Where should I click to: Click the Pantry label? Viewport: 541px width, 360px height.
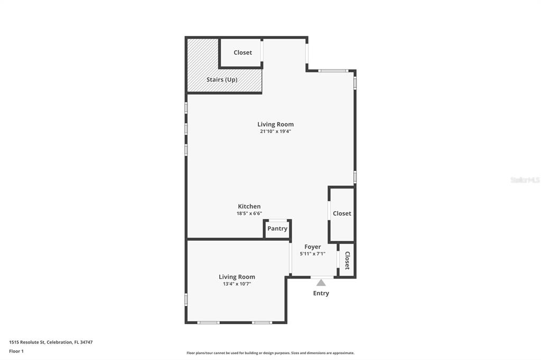277,229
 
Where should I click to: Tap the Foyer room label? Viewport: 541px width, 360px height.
312,247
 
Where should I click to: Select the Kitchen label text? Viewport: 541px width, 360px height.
249,206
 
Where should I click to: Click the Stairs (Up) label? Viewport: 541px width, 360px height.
222,80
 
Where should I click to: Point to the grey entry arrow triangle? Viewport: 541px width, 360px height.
321,283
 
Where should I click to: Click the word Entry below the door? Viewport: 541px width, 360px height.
321,293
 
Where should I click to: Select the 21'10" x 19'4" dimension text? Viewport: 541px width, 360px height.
275,131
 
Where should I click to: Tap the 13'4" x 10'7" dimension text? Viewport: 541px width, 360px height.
237,283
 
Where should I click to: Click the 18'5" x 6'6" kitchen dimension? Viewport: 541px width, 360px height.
249,213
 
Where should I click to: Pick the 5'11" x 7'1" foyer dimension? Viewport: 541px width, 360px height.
312,253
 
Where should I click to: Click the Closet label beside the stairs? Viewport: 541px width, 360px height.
242,53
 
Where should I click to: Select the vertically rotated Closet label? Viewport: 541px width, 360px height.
347,260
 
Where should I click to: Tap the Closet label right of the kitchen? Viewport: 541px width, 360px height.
342,214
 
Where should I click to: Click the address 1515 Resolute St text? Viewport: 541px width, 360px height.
51,342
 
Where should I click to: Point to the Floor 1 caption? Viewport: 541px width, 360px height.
16,351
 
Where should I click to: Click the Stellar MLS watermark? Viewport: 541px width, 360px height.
525,180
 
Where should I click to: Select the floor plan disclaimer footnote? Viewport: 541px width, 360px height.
270,353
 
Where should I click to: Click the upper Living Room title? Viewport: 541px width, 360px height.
275,125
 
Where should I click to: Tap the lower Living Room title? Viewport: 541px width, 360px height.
237,277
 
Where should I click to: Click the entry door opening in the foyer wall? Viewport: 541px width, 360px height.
322,277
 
